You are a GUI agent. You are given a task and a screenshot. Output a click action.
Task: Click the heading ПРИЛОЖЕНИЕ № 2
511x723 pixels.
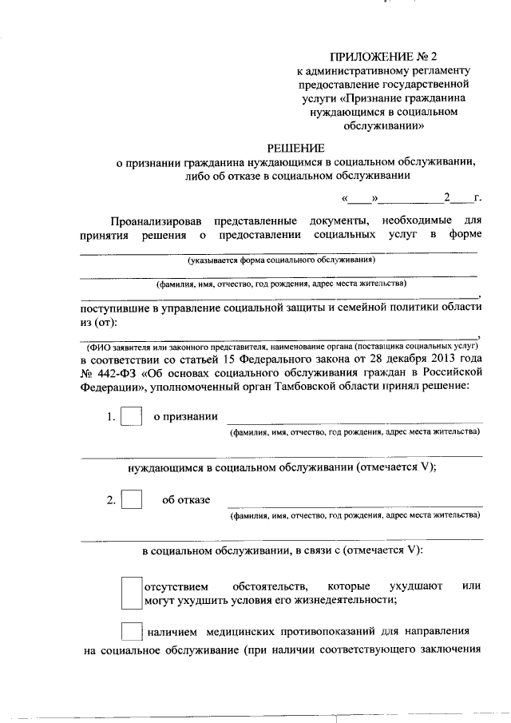click(x=385, y=57)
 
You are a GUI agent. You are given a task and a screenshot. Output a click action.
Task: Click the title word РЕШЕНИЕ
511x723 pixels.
click(x=295, y=148)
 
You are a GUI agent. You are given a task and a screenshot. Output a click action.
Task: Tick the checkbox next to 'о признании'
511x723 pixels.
click(x=131, y=417)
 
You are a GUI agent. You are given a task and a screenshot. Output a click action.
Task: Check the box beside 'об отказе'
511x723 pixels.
click(x=131, y=500)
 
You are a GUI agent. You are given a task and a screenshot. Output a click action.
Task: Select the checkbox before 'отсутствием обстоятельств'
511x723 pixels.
click(x=131, y=593)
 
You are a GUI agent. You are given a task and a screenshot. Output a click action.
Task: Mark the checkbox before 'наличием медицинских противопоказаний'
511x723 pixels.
click(x=131, y=630)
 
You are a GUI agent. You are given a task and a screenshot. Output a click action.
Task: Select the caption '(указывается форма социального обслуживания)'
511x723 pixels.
click(x=281, y=260)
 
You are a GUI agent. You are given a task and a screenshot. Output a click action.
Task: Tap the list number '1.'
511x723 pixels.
click(x=111, y=417)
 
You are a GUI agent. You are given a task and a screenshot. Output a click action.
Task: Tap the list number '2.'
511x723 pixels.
click(x=111, y=500)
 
